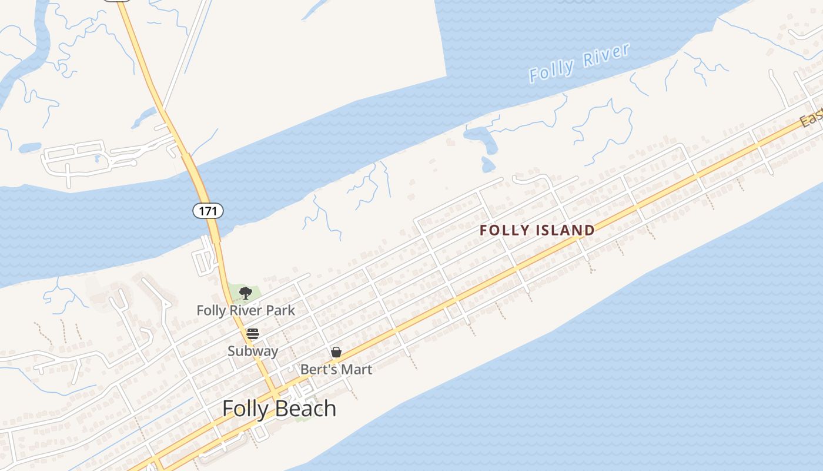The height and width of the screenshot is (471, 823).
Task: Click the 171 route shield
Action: [x=208, y=210]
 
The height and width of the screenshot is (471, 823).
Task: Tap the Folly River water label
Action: [x=579, y=62]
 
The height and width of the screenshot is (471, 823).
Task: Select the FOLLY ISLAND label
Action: [x=537, y=230]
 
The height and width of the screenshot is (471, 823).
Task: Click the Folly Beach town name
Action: [x=279, y=409]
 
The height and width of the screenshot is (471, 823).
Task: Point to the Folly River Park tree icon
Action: [x=246, y=293]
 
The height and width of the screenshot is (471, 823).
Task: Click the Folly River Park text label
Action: [x=246, y=310]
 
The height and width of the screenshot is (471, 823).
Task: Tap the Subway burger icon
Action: [x=253, y=334]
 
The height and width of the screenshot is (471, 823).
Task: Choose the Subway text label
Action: [x=253, y=351]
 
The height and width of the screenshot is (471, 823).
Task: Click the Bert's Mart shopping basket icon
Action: [x=336, y=352]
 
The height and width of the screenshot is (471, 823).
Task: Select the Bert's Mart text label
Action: [x=336, y=370]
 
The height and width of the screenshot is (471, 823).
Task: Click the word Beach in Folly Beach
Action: [x=306, y=409]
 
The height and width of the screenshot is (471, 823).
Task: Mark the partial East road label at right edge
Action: [x=811, y=118]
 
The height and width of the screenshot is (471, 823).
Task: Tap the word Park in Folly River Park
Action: [x=282, y=310]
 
